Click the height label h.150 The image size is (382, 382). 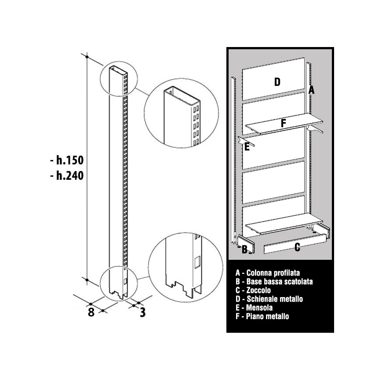pos(67,160)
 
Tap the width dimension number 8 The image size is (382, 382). pos(91,312)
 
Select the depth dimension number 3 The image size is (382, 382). pos(142,312)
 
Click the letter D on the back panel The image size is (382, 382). pos(277,82)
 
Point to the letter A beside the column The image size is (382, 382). pos(311,90)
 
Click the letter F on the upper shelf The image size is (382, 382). pos(283,123)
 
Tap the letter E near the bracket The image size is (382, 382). pos(247,147)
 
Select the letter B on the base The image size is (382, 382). pos(244,250)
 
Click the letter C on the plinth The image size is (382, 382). pos(297,247)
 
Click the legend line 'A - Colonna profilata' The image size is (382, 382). pos(268,273)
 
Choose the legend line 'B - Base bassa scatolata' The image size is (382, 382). pos(274,282)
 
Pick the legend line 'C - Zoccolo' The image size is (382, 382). pos(253,291)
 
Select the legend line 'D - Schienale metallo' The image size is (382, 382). pos(269,299)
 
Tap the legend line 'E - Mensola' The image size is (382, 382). pos(254,308)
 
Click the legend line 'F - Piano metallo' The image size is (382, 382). pos(262,317)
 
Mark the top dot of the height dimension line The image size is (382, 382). pos(87,57)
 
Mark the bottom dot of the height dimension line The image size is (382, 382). pos(87,280)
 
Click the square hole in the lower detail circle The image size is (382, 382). pos(197,262)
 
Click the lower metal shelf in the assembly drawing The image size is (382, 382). pos(284,223)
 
